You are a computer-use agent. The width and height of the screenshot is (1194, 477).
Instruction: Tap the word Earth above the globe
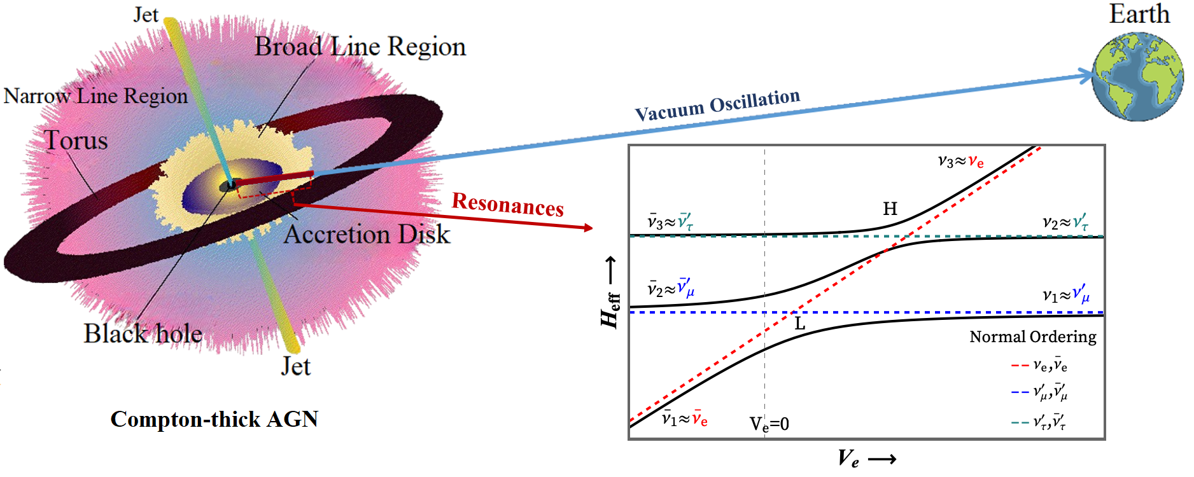tap(1139, 14)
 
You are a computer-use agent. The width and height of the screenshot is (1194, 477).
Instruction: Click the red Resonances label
tap(507, 205)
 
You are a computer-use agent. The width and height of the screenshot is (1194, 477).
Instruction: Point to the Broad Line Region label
tap(360, 47)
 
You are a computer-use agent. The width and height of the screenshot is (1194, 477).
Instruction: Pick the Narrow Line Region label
tap(95, 96)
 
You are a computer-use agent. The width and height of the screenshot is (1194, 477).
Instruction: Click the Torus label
tap(76, 141)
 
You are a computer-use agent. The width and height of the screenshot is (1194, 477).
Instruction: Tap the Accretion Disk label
tap(367, 235)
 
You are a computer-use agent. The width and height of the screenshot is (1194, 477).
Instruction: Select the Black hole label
tap(143, 334)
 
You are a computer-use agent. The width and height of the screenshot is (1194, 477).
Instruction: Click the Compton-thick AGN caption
tap(214, 419)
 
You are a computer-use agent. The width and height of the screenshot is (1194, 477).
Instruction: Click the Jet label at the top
tap(146, 15)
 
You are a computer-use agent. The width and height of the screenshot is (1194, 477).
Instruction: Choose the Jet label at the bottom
tap(296, 367)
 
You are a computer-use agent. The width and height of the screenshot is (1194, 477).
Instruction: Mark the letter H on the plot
tap(890, 209)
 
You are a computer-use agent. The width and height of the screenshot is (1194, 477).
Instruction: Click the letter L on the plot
tap(800, 324)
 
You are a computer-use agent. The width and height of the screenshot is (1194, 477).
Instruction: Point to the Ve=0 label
tap(769, 424)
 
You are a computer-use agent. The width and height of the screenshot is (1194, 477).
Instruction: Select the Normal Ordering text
tap(1032, 337)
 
